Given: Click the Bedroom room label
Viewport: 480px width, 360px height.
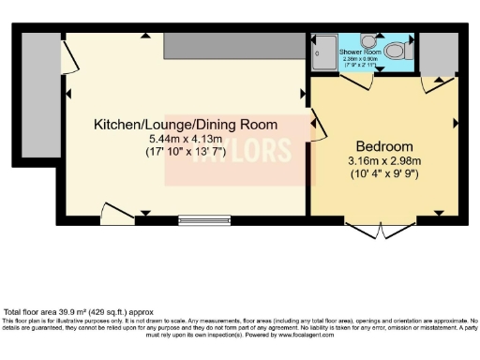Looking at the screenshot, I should tap(384, 146).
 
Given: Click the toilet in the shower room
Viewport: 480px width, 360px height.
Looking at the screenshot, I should tap(397, 51).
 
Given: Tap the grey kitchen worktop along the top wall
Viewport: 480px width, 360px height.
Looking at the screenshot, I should tap(233, 44).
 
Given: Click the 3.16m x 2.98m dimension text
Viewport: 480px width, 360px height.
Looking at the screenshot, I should tap(384, 160).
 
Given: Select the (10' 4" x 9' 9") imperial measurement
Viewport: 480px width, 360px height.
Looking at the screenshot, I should tap(384, 173).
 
